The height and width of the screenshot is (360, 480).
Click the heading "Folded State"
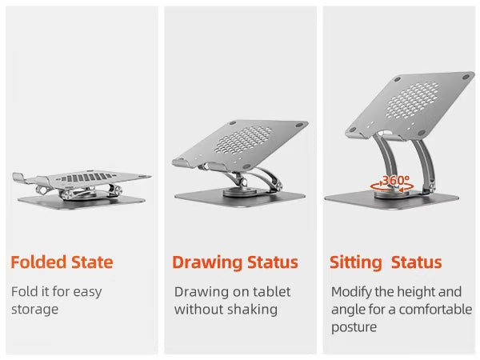[x=62, y=262]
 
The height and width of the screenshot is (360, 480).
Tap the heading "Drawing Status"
[x=235, y=263]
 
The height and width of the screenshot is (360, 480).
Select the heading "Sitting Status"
[x=386, y=263]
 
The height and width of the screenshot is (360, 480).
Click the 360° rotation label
[x=395, y=180]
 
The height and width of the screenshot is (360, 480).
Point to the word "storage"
[x=34, y=309]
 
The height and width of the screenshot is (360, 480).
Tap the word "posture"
[x=354, y=327]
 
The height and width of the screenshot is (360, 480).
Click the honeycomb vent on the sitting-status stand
[x=413, y=101]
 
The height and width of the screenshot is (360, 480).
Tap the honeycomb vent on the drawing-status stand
[x=243, y=140]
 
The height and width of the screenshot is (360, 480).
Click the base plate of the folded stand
[x=81, y=202]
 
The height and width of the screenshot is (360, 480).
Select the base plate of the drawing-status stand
[x=240, y=198]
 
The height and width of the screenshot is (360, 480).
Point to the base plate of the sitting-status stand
[x=391, y=200]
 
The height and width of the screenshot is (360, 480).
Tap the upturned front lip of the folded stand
[x=19, y=178]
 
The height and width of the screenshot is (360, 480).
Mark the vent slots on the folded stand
[x=86, y=178]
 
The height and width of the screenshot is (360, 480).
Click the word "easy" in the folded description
[x=87, y=292]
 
